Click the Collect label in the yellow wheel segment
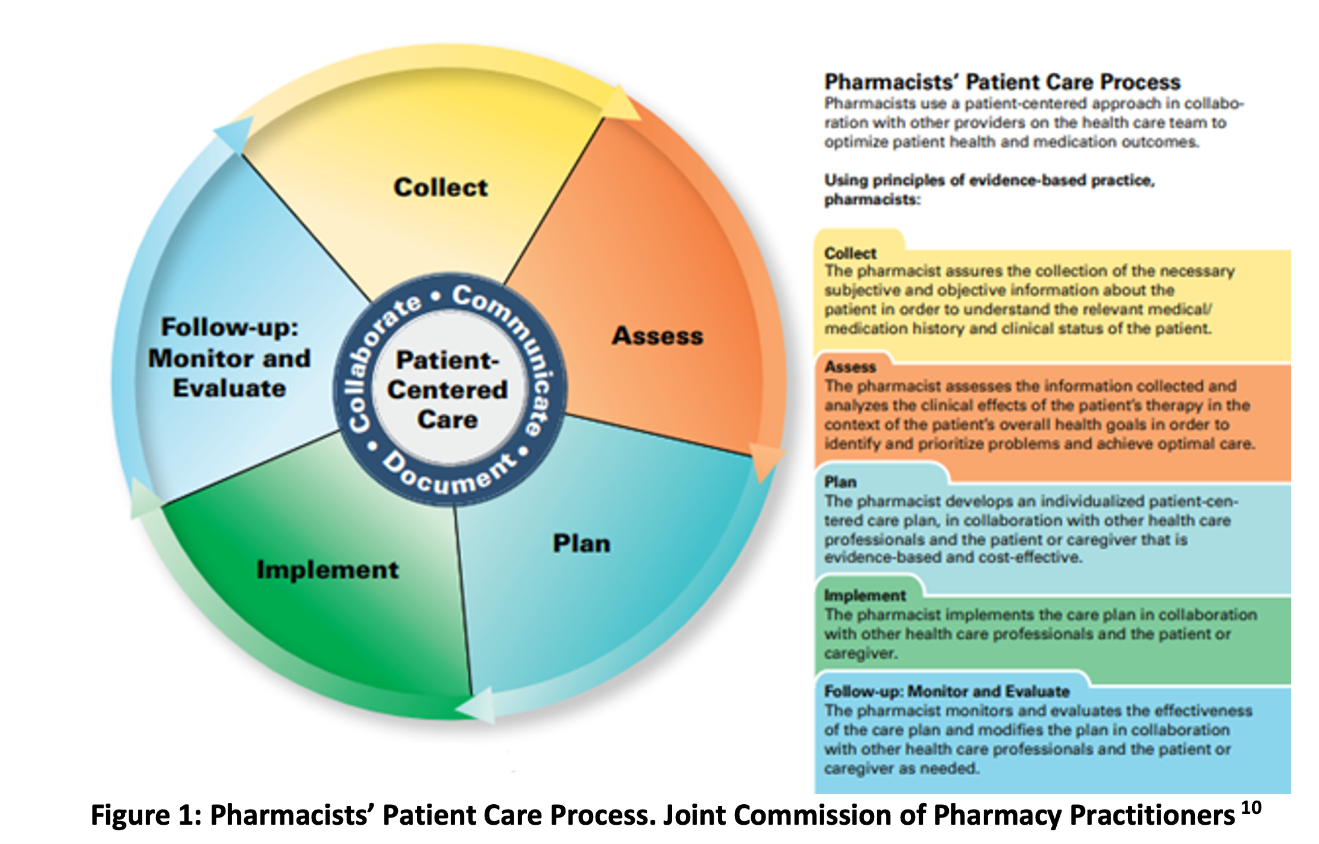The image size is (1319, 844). (x=441, y=187)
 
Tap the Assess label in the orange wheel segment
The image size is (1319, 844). (x=658, y=336)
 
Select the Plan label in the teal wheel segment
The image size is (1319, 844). (x=582, y=544)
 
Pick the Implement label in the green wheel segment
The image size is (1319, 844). (x=327, y=570)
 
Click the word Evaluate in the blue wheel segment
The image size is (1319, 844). (x=229, y=389)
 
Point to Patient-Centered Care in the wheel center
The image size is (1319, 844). (x=447, y=390)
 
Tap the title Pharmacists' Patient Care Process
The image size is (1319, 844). (x=1002, y=82)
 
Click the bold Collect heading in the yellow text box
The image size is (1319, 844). (x=850, y=253)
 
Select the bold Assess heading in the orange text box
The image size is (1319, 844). (x=850, y=367)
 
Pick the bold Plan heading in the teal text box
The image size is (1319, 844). (x=840, y=482)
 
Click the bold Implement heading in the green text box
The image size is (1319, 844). (x=864, y=596)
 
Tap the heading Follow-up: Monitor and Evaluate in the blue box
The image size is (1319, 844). (x=946, y=691)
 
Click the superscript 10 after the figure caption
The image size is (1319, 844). (x=1251, y=808)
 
